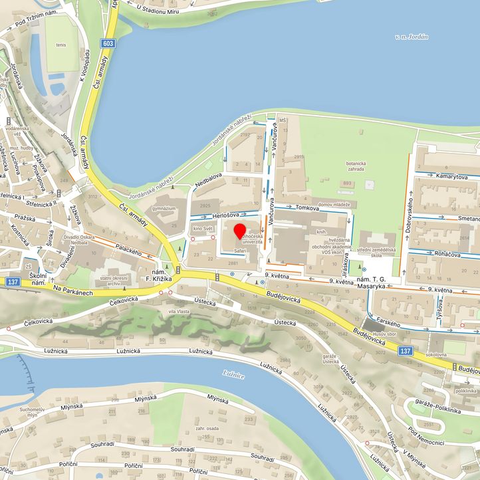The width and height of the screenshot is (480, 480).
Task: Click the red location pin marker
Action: pyautogui.click(x=240, y=232)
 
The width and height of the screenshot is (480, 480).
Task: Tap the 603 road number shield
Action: pyautogui.click(x=108, y=43)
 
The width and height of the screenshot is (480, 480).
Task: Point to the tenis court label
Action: pyautogui.click(x=62, y=45)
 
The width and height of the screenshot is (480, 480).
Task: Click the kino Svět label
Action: pyautogui.click(x=202, y=228)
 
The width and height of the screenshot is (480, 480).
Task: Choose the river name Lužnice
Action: pyautogui.click(x=235, y=375)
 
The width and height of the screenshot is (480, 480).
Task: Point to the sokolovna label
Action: pyautogui.click(x=434, y=354)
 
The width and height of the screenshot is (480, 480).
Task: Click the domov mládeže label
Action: pyautogui.click(x=334, y=204)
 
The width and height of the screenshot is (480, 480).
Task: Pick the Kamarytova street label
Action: pyautogui.click(x=449, y=176)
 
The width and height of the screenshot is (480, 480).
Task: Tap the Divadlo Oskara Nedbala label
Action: pyautogui.click(x=83, y=239)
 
